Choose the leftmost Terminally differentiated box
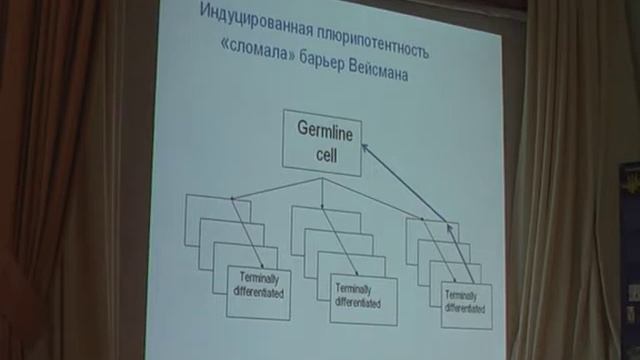(258, 293)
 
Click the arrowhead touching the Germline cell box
(364, 146)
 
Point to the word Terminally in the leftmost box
(258, 283)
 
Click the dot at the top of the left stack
(232, 199)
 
